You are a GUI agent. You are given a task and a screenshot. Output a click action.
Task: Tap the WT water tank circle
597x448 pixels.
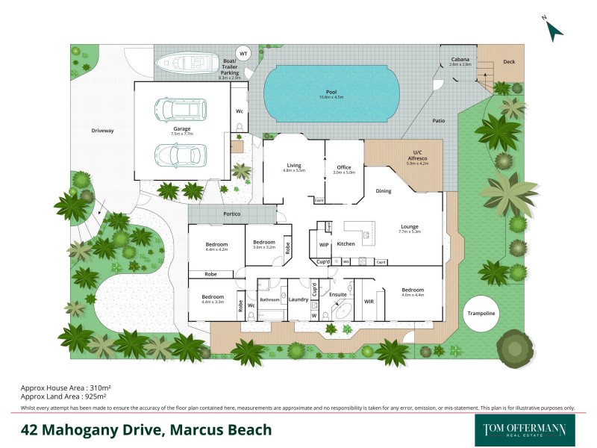pos(243,55)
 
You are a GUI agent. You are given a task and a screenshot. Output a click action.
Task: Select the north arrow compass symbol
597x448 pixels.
pos(554,30)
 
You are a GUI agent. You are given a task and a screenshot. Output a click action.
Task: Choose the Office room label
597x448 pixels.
pos(343,167)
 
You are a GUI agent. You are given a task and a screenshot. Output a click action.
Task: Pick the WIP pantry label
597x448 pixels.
pos(324,244)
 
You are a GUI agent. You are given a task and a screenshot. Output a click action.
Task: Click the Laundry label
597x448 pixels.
pos(298,300)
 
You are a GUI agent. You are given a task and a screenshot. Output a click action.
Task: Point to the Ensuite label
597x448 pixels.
pos(338,294)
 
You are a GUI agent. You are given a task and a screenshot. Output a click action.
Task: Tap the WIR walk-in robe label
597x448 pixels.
pos(368,302)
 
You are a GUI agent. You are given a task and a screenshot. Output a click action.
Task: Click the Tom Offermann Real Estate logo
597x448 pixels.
pos(520,430)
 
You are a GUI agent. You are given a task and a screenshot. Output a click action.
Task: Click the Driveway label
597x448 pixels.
pos(102,131)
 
